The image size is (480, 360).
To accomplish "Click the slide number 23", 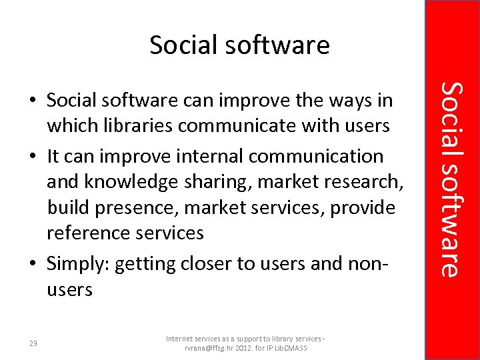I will coord(33,343).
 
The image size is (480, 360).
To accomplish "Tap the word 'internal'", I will coord(206,156).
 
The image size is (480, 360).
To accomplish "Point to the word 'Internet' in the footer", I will coord(183,339).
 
